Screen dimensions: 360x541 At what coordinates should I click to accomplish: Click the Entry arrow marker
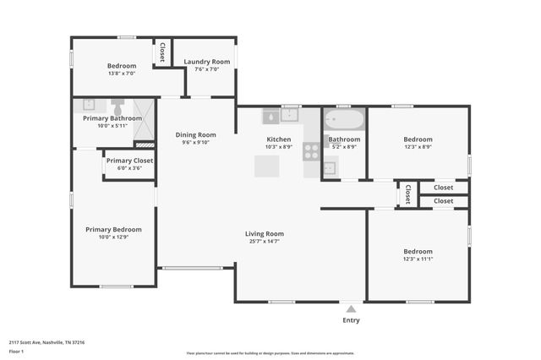(x=351, y=309)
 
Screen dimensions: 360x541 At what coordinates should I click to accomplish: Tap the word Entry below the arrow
(x=351, y=320)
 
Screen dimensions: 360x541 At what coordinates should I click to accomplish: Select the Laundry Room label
(x=207, y=62)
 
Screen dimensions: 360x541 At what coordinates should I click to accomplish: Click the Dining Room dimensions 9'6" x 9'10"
(x=196, y=143)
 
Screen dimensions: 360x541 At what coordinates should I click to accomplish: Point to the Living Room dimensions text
(x=265, y=242)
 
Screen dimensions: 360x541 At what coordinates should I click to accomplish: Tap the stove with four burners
(x=311, y=151)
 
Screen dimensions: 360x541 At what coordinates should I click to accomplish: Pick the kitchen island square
(x=267, y=166)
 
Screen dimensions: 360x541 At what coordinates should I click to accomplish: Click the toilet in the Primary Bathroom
(x=117, y=107)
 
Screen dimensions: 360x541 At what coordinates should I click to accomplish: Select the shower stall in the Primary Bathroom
(x=145, y=118)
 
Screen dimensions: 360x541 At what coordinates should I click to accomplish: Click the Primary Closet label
(x=129, y=161)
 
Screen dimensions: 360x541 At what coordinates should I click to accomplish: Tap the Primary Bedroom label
(x=113, y=229)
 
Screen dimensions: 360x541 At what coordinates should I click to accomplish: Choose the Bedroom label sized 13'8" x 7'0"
(x=122, y=66)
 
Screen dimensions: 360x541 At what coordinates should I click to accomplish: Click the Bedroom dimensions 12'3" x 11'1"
(x=418, y=259)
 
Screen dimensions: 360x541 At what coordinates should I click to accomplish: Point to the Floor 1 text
(x=16, y=351)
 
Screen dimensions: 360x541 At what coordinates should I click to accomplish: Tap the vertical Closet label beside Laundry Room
(x=161, y=52)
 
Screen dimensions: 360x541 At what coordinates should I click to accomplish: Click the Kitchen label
(x=279, y=139)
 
